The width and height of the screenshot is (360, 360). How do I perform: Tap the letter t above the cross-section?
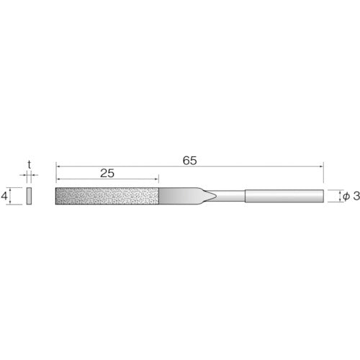(x=29, y=165)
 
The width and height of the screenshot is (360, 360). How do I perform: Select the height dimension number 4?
(x=5, y=196)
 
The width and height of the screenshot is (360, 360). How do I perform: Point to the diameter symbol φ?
(x=347, y=196)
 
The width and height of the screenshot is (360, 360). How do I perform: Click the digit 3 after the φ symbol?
(x=355, y=196)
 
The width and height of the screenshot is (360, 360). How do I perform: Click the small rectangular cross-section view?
(x=29, y=196)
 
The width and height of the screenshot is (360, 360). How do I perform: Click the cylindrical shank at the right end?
(x=284, y=196)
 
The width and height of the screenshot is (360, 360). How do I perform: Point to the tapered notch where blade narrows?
(x=213, y=196)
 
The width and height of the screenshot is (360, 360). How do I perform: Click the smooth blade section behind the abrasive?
(x=180, y=196)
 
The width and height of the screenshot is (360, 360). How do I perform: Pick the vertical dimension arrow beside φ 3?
(x=338, y=196)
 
